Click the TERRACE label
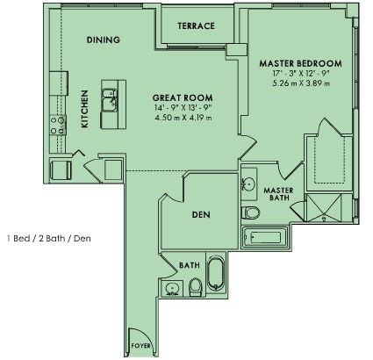(196, 26)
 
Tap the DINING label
(104, 40)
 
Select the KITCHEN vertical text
(84, 109)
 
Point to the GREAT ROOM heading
(183, 97)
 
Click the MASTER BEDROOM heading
(301, 63)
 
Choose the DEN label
(201, 215)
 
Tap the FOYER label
(141, 346)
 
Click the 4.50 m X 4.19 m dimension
(183, 118)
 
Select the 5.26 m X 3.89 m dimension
(301, 83)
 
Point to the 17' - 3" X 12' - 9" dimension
(301, 73)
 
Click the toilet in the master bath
(251, 212)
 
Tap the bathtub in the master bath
(264, 238)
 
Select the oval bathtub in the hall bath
(217, 273)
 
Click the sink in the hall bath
(172, 289)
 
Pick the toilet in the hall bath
(196, 287)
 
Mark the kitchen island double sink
(109, 100)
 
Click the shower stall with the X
(323, 208)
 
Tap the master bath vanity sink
(248, 184)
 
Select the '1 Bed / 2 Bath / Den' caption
(49, 239)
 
